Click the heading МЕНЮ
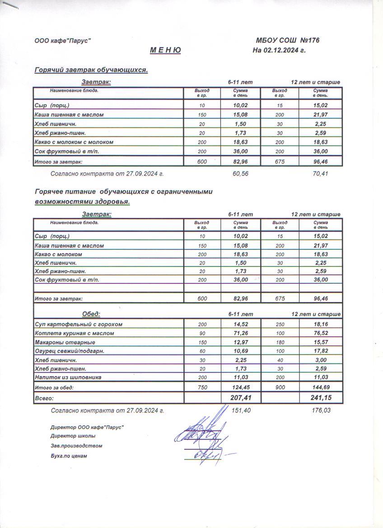coord(165,50)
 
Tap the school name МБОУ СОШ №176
coord(287,41)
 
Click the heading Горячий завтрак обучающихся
coord(91,70)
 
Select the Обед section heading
coord(91,314)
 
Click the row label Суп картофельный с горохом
coord(79,324)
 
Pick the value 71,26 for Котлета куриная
coord(241,333)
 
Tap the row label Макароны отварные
coord(65,342)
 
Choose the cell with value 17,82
coord(320,351)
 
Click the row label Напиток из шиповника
coord(68,377)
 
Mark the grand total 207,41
coord(241,398)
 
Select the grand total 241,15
coord(320,398)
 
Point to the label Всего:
coord(44,398)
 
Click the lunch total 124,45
coord(241,387)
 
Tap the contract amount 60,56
coord(240,173)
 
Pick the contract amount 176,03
coord(320,410)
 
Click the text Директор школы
coord(73,436)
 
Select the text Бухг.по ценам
coord(69,456)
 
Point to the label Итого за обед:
coord(54,387)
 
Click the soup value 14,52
coord(241,324)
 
